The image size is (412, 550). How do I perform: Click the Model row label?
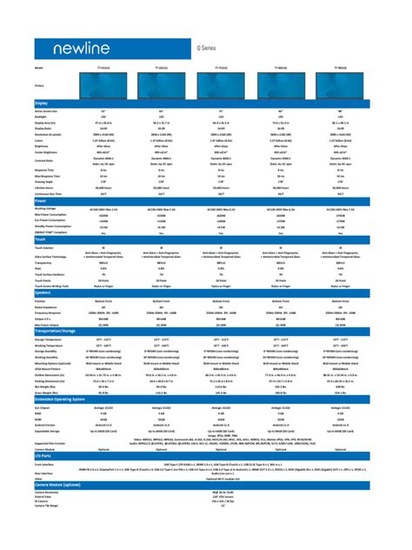[x=39, y=67]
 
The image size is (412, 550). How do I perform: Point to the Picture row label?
[x=40, y=85]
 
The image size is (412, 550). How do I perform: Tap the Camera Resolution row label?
[x=49, y=492]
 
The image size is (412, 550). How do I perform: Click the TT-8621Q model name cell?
[x=281, y=67]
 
